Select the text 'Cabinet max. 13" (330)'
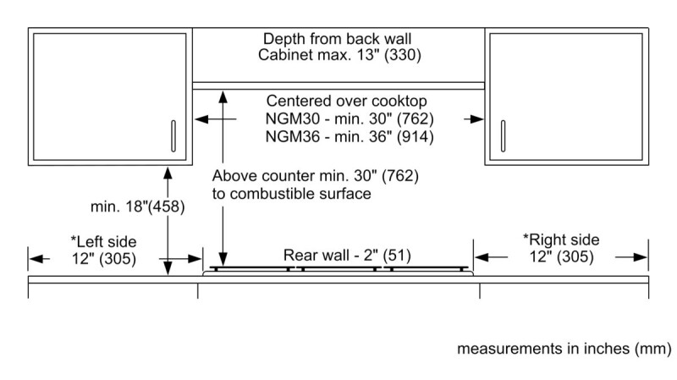(x=338, y=57)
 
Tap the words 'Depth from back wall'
(x=338, y=40)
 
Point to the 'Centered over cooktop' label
(x=338, y=102)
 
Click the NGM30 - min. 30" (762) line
(x=338, y=118)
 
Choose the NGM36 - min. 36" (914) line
(x=338, y=136)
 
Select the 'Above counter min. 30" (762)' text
(x=315, y=177)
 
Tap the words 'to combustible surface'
(x=291, y=194)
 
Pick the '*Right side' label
(x=560, y=240)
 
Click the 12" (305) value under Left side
(x=102, y=257)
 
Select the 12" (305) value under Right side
(x=560, y=257)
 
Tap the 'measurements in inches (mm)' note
(x=564, y=349)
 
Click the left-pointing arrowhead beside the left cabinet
(x=201, y=120)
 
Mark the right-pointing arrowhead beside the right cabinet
(x=479, y=120)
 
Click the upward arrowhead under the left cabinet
(x=168, y=172)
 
